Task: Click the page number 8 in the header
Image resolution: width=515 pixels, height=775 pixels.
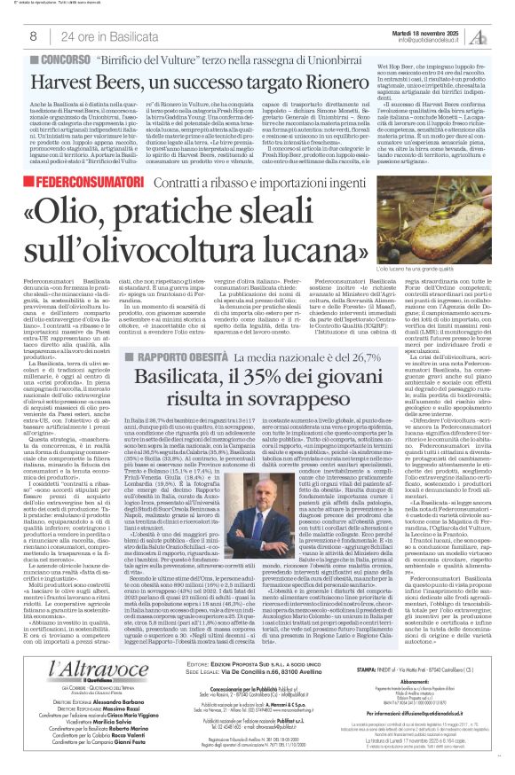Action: point(33,35)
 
